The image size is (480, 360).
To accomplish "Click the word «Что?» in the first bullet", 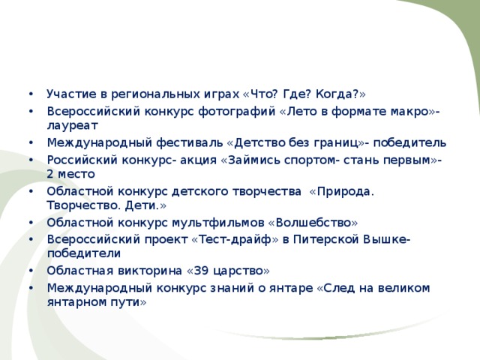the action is tap(260, 94).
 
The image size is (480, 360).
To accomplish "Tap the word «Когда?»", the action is tap(340, 94).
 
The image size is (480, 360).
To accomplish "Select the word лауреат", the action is tap(73, 126).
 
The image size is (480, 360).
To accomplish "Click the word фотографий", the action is tap(237, 112).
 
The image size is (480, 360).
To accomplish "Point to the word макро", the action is tap(409, 112).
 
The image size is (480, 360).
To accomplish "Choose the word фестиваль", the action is tap(190, 143).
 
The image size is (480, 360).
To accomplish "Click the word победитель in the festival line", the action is tap(409, 143).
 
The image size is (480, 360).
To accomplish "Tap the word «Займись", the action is tap(250, 160).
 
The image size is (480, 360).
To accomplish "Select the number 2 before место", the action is tap(50, 174).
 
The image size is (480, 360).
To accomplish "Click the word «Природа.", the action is tap(342, 192).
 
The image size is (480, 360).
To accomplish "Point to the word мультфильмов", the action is tap(217, 223).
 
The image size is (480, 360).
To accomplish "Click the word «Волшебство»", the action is tap(313, 223).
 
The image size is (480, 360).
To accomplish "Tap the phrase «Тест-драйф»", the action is tap(235, 240).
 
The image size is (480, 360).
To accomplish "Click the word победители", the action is tap(84, 253).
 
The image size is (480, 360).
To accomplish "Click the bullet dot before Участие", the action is tap(31, 94).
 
